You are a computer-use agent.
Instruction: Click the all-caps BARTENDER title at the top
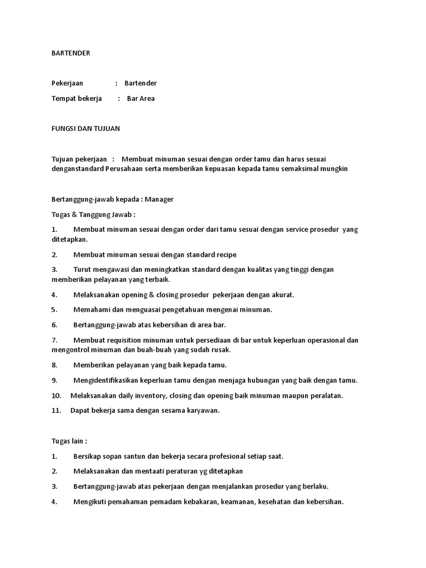click(70, 53)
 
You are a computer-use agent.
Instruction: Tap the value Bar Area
click(141, 99)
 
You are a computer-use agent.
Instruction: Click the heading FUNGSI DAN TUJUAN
click(85, 129)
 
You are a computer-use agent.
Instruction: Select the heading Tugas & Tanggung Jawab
click(93, 214)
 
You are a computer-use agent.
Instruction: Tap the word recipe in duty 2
click(225, 255)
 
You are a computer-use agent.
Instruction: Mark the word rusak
click(221, 350)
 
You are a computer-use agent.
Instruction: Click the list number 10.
click(56, 395)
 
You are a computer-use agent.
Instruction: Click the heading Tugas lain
click(69, 441)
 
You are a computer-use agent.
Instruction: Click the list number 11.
click(55, 410)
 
